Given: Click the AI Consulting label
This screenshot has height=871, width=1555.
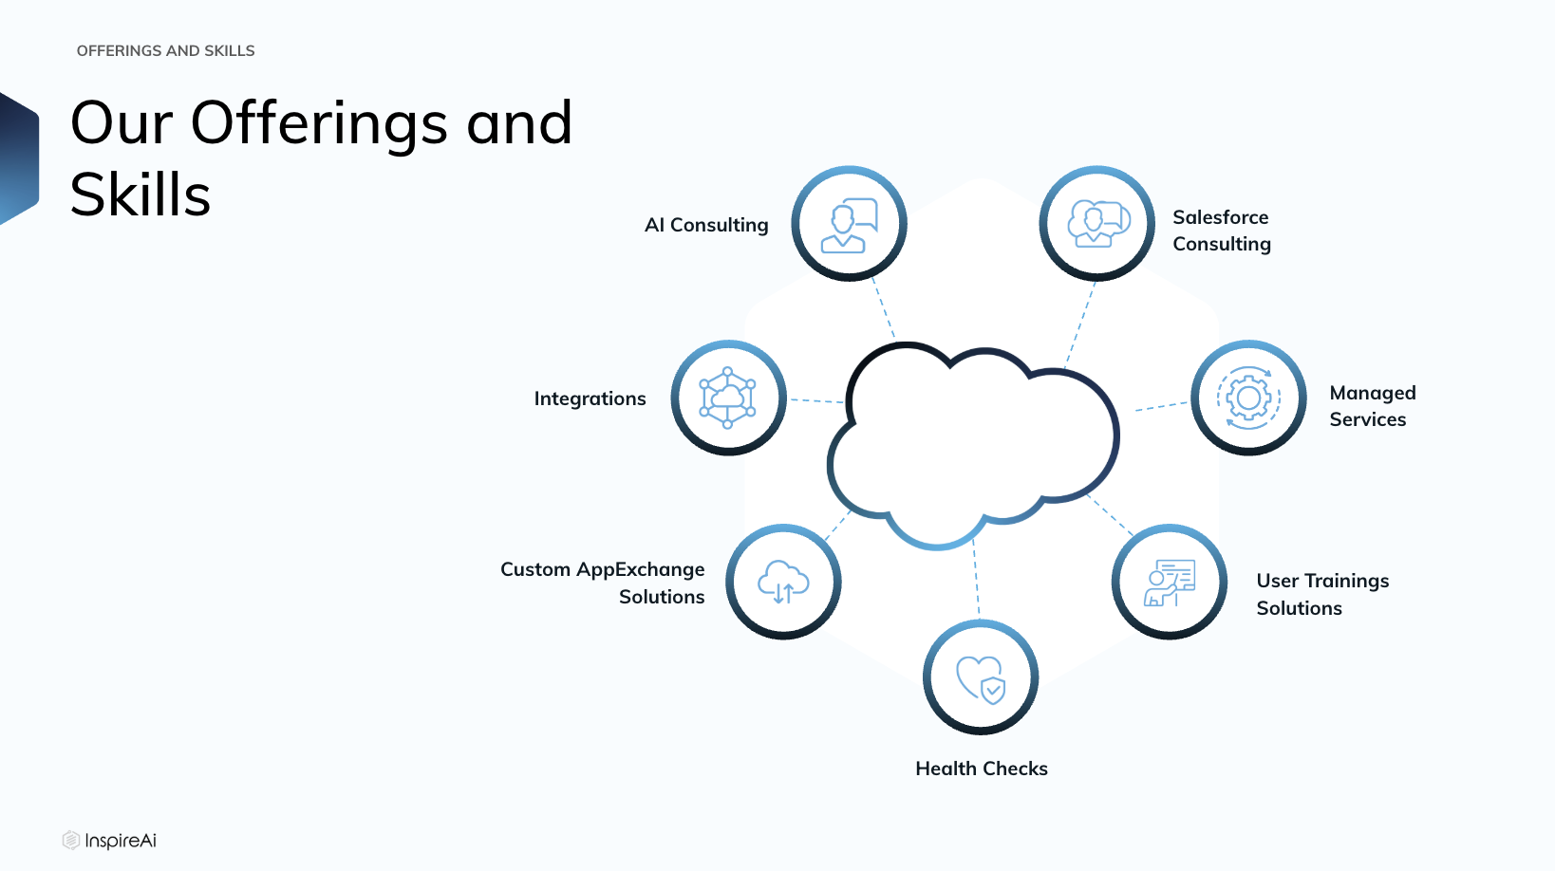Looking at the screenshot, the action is [x=706, y=225].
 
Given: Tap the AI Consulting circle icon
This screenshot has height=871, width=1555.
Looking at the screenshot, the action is [x=849, y=224].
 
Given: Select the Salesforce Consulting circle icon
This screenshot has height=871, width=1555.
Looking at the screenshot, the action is [x=1096, y=224].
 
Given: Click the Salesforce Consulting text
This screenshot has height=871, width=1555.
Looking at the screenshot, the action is [x=1222, y=231].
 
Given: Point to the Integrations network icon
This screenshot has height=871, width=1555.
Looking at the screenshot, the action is [x=728, y=398].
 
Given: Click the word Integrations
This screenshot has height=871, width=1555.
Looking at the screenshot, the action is [x=590, y=398].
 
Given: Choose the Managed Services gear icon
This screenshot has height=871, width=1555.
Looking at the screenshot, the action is [x=1248, y=398].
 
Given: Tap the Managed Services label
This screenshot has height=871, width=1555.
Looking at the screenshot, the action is [x=1373, y=406].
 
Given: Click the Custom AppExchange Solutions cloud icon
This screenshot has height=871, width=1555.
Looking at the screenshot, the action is [x=783, y=582].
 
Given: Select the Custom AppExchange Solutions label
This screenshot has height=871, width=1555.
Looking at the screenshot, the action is [x=603, y=583].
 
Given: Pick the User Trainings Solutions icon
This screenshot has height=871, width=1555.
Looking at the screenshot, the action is [x=1169, y=582].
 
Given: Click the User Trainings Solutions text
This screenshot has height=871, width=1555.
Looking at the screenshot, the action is [x=1322, y=594].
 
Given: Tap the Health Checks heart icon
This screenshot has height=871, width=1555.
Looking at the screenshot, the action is [x=981, y=677].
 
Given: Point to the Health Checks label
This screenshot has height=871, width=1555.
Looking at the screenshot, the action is [x=982, y=769].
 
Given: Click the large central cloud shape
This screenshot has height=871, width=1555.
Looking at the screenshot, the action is [x=972, y=444].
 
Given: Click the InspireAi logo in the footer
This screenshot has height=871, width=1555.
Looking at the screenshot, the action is [x=110, y=841].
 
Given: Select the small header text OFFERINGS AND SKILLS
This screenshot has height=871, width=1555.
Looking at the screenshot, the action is [x=165, y=50].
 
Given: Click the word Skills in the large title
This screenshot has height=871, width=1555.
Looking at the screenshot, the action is [x=141, y=195].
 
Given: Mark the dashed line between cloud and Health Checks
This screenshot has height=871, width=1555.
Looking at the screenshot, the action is [x=976, y=578].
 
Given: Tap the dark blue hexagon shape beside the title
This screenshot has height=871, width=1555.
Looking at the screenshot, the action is [x=18, y=159].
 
